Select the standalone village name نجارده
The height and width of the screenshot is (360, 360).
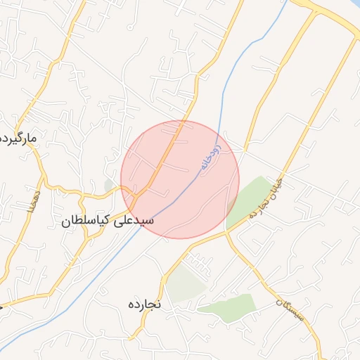click(x=145, y=304)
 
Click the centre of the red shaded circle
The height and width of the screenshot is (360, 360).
click(x=180, y=179)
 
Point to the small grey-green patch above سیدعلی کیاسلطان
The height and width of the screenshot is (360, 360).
click(x=109, y=185)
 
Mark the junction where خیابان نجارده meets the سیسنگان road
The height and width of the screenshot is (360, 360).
click(x=227, y=233)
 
